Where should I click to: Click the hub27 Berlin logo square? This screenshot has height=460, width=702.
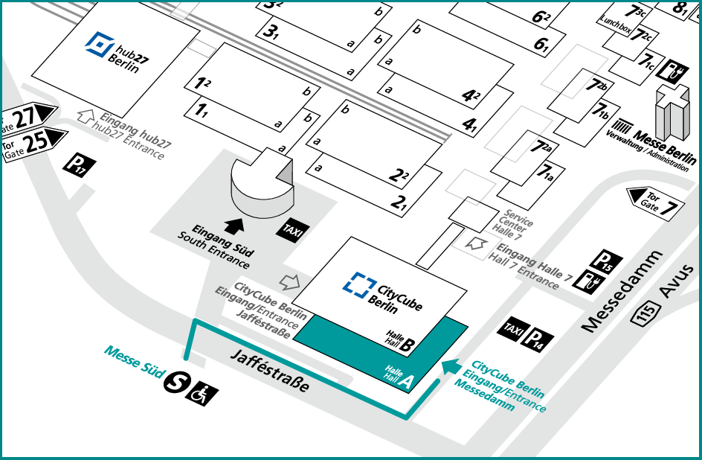[x=97, y=46]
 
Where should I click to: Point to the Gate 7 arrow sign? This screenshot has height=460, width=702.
[x=654, y=201]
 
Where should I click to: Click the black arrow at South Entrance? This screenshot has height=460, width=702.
[x=234, y=223]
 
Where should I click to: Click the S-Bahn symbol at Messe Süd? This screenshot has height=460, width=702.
[x=175, y=380]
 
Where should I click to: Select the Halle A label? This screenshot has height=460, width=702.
[x=399, y=377]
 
